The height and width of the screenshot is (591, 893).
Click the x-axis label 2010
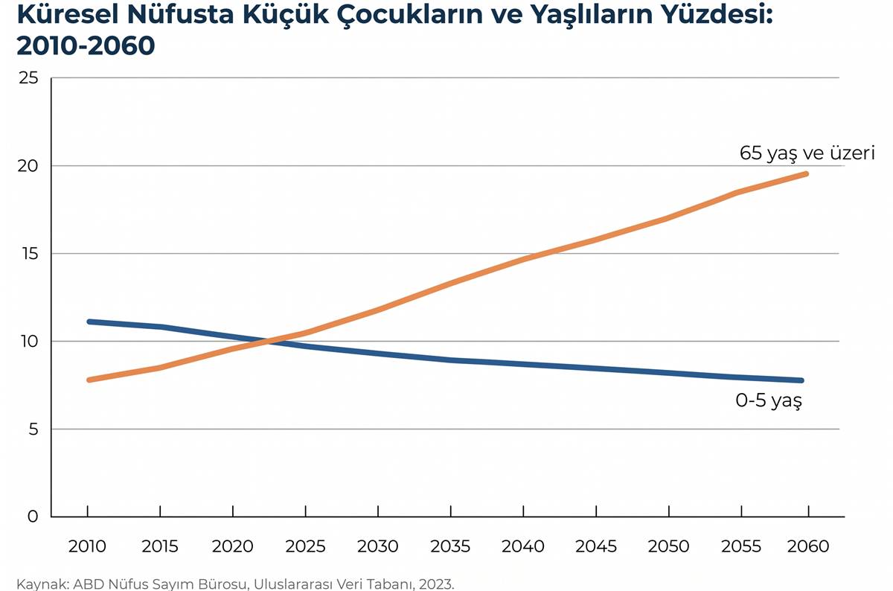click(x=87, y=546)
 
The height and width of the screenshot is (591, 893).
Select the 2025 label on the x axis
click(x=305, y=546)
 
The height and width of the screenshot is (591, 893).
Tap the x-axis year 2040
click(x=522, y=546)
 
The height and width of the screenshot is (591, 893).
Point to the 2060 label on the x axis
click(x=808, y=546)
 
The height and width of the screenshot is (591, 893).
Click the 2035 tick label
click(x=450, y=546)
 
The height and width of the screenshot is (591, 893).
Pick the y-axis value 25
click(x=28, y=78)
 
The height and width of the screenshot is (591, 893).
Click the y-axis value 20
click(x=28, y=166)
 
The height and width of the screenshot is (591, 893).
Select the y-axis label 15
click(x=30, y=254)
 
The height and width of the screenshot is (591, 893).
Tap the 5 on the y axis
click(x=33, y=429)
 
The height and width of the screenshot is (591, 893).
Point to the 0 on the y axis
click(x=33, y=517)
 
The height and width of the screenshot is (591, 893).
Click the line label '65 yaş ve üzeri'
click(x=807, y=153)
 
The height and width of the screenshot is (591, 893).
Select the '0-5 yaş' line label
click(x=769, y=400)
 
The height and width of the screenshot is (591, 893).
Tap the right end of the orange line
click(x=806, y=174)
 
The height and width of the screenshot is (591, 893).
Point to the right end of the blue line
click(x=801, y=380)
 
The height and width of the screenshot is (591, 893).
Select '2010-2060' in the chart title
click(x=86, y=45)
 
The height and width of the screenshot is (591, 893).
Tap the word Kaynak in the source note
click(x=43, y=584)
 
